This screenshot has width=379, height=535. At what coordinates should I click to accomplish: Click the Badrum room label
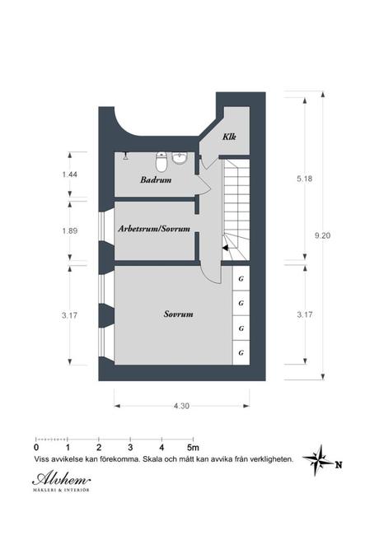(x=155, y=179)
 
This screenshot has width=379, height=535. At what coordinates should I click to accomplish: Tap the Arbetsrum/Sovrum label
(x=154, y=228)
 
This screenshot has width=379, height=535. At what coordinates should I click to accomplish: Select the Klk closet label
(x=229, y=137)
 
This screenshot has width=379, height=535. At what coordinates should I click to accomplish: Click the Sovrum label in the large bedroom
(x=178, y=314)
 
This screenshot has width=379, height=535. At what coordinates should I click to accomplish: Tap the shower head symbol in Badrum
(x=124, y=155)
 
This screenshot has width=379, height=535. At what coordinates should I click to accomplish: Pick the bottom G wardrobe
(x=241, y=352)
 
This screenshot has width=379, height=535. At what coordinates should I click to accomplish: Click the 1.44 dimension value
(x=70, y=175)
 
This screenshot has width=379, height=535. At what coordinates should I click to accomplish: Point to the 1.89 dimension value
(x=70, y=231)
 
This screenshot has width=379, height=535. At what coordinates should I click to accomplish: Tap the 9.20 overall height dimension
(x=322, y=235)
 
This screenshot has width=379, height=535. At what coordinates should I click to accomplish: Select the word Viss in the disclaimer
(x=41, y=460)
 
